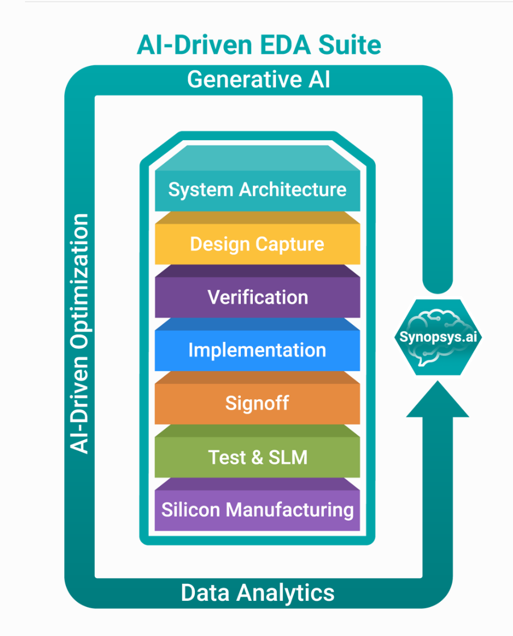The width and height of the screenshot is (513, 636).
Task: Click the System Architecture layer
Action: click(x=257, y=189)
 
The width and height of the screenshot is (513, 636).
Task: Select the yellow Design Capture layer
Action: click(x=257, y=244)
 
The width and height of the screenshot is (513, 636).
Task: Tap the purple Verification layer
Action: click(x=257, y=297)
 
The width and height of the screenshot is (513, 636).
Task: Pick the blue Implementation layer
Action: click(x=257, y=350)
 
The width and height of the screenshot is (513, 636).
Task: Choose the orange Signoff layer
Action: click(x=257, y=403)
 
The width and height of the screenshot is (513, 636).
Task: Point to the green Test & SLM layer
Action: click(x=257, y=457)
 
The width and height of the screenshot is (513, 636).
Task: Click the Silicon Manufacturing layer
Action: click(x=257, y=509)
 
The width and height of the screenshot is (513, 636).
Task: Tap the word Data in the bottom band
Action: click(x=206, y=592)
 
